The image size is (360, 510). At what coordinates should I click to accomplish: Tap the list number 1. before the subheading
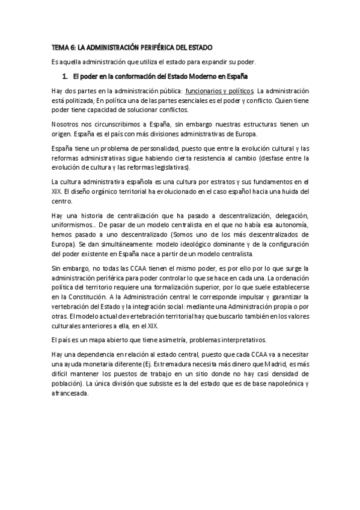tap(65, 76)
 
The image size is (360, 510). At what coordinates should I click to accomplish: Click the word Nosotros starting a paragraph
tap(64, 124)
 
